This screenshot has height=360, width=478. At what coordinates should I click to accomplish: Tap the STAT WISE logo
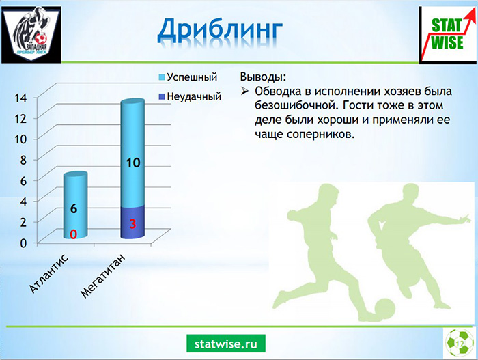pyautogui.click(x=447, y=35)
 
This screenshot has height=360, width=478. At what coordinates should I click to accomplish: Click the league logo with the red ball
pyautogui.click(x=31, y=34)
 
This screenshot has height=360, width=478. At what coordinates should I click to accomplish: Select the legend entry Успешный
pyautogui.click(x=188, y=77)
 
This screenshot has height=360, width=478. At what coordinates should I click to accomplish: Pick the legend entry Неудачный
pyautogui.click(x=190, y=96)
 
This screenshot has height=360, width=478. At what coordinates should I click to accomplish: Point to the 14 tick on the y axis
pyautogui.click(x=20, y=98)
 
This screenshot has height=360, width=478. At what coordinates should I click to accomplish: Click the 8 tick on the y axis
pyautogui.click(x=23, y=160)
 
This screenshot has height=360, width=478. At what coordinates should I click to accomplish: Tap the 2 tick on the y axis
pyautogui.click(x=23, y=222)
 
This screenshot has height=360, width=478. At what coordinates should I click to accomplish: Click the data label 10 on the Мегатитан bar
pyautogui.click(x=133, y=163)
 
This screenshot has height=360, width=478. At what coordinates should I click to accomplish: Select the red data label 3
pyautogui.click(x=132, y=224)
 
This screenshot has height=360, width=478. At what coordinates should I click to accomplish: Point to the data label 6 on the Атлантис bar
pyautogui.click(x=74, y=208)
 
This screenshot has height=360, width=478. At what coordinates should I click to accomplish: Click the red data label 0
pyautogui.click(x=74, y=234)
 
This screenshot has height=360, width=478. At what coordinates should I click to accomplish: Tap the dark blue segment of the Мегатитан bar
pyautogui.click(x=132, y=222)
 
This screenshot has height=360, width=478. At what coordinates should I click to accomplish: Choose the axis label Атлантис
pyautogui.click(x=48, y=274)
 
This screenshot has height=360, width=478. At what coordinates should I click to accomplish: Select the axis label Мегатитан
pyautogui.click(x=103, y=276)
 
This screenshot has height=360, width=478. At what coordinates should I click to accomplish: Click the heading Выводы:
pyautogui.click(x=263, y=77)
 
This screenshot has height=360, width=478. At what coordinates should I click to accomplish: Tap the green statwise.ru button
pyautogui.click(x=226, y=344)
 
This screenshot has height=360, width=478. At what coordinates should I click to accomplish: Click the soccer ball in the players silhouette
pyautogui.click(x=384, y=309)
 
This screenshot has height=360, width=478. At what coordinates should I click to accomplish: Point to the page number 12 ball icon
pyautogui.click(x=460, y=343)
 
